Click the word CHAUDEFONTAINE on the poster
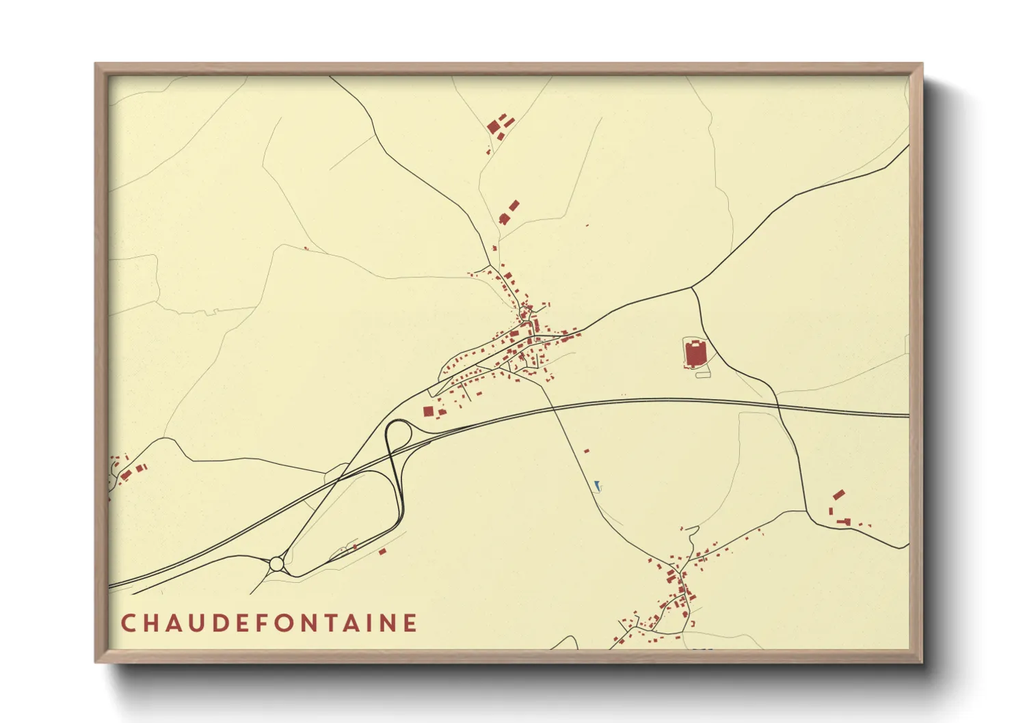tap(269, 623)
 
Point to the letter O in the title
tap(278, 623)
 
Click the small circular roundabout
tap(276, 564)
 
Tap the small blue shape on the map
tap(598, 486)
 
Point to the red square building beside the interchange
tap(428, 411)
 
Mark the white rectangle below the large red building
tap(703, 374)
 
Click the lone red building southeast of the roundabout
tap(382, 551)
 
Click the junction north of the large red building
tap(692, 288)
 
